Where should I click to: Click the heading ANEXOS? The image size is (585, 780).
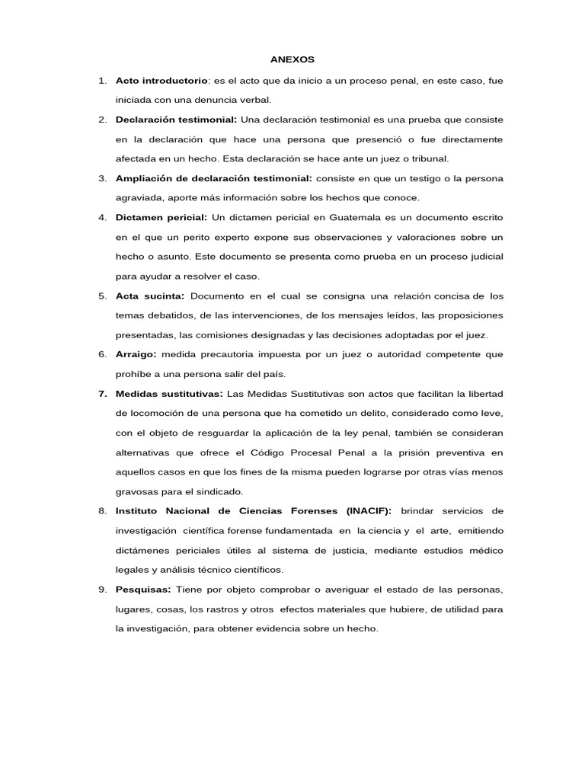point(292,59)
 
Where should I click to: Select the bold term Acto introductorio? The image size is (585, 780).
point(161,80)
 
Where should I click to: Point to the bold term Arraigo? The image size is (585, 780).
point(136,354)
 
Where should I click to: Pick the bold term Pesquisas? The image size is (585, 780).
point(143,590)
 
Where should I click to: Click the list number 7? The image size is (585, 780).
point(102,393)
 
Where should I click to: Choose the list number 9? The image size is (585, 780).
point(102,590)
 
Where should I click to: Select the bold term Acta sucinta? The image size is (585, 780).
point(150,296)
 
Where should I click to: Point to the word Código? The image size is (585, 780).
point(278,452)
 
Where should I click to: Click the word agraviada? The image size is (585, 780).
point(137,197)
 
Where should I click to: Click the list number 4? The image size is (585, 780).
point(102,218)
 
